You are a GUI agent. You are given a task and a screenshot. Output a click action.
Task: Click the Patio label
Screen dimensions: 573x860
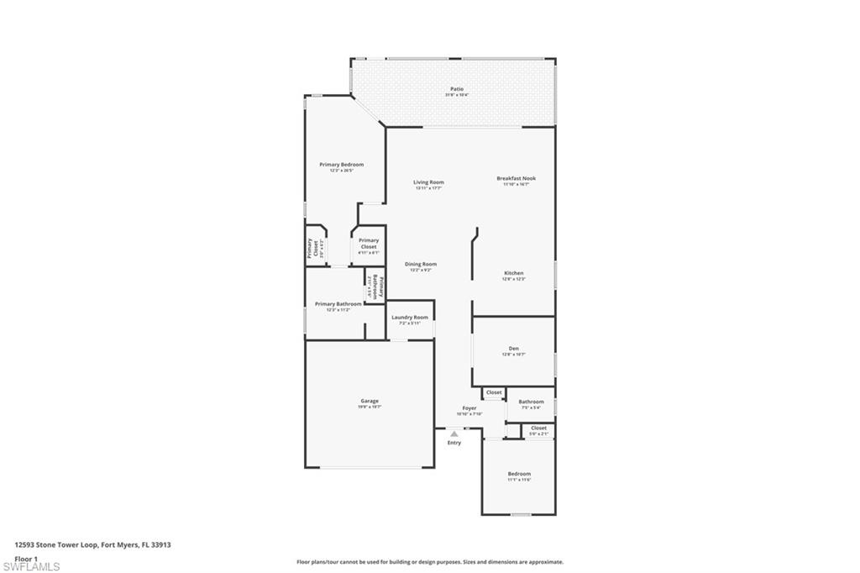pyautogui.click(x=457, y=89)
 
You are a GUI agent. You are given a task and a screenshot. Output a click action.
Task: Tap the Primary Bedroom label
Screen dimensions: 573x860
pyautogui.click(x=341, y=165)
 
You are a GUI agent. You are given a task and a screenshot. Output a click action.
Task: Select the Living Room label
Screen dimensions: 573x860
pyautogui.click(x=428, y=182)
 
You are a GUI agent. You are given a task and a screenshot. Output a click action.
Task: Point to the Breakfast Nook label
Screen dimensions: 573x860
pyautogui.click(x=516, y=178)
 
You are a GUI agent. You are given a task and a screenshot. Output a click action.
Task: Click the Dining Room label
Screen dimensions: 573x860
pyautogui.click(x=422, y=265)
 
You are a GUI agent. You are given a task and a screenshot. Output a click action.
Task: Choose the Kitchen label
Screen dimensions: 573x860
pyautogui.click(x=514, y=273)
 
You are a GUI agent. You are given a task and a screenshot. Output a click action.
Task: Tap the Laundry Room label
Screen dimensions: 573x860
pyautogui.click(x=410, y=318)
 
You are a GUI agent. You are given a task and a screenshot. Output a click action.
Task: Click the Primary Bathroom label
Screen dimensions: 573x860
pyautogui.click(x=338, y=304)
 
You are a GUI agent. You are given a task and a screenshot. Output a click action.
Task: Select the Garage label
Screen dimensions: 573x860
pyautogui.click(x=370, y=401)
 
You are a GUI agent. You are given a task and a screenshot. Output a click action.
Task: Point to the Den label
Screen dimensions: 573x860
pyautogui.click(x=513, y=349)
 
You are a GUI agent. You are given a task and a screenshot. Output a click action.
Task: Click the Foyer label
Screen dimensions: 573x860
pyautogui.click(x=469, y=408)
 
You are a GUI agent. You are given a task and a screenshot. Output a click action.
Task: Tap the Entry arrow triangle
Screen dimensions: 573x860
pyautogui.click(x=454, y=434)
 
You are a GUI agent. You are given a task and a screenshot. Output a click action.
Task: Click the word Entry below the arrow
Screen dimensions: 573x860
pyautogui.click(x=454, y=443)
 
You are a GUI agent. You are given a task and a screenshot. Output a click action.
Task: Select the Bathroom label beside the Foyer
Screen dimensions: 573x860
pyautogui.click(x=531, y=402)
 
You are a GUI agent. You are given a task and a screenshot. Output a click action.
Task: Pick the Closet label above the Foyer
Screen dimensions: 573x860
pyautogui.click(x=494, y=392)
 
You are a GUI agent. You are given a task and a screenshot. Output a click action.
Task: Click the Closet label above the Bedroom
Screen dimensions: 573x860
pyautogui.click(x=538, y=428)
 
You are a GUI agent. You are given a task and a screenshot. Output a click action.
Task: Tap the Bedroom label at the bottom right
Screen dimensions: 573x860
pyautogui.click(x=519, y=474)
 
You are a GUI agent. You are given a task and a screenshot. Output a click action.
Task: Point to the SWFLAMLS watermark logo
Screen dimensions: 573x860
pyautogui.click(x=31, y=566)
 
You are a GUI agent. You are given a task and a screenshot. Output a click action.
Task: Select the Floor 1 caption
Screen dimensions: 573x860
pyautogui.click(x=27, y=558)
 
